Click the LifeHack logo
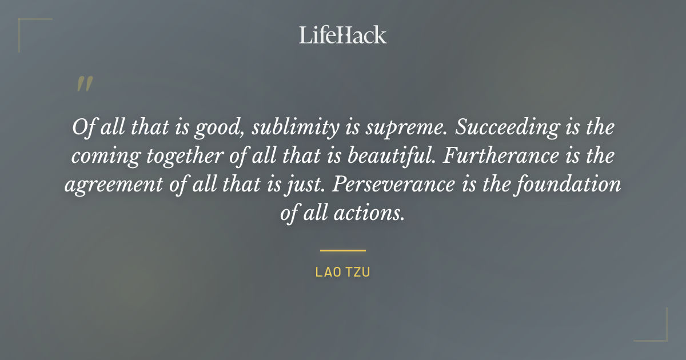[x=343, y=35]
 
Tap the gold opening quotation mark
[x=84, y=85]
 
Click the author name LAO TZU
[x=343, y=272]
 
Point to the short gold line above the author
[x=343, y=250]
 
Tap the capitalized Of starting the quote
[x=82, y=128]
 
